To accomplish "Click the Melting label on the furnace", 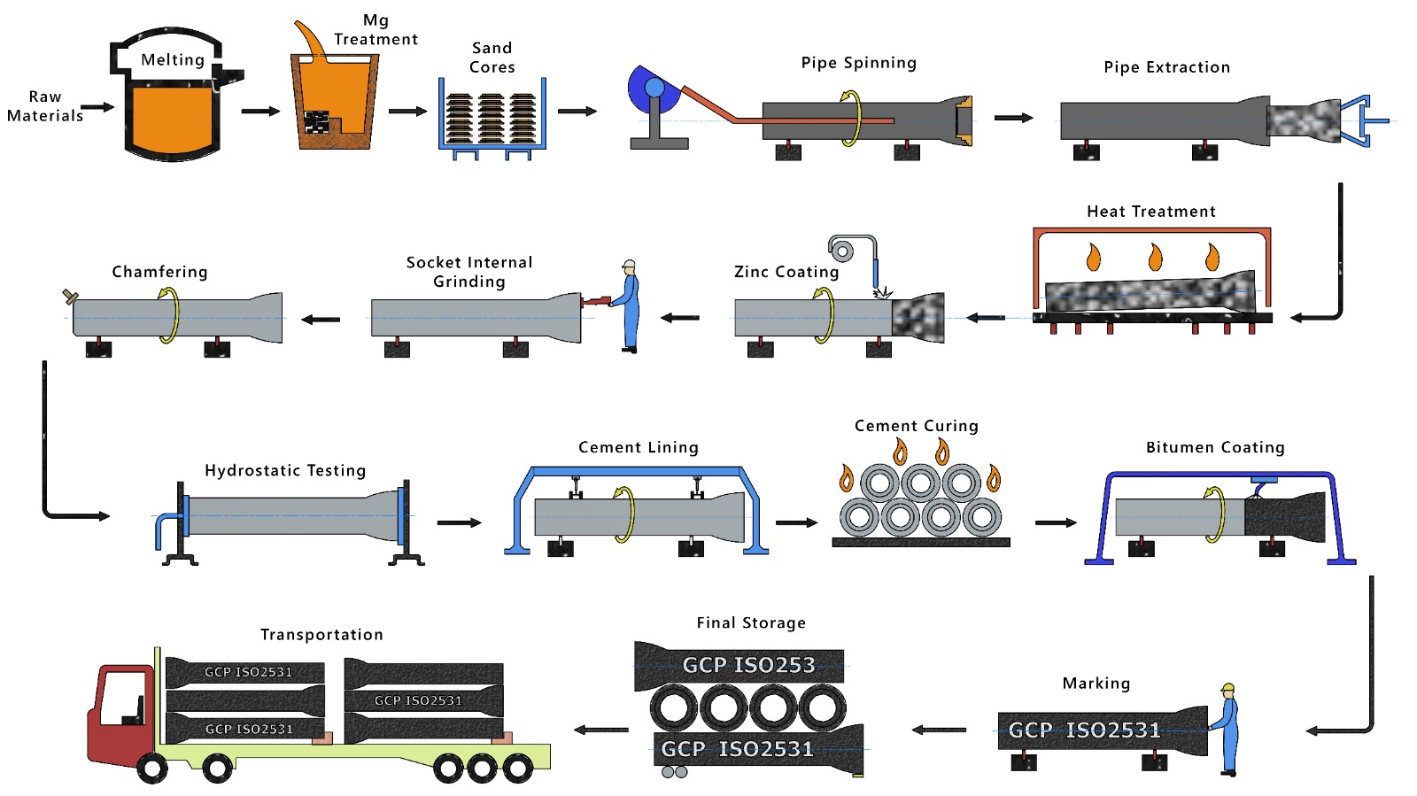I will tap(173, 60).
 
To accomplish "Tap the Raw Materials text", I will tap(45, 106).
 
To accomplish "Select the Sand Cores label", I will tap(492, 58).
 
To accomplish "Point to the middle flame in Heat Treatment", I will tap(1155, 257).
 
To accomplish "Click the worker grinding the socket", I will tap(630, 305).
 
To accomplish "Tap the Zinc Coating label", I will tap(786, 272).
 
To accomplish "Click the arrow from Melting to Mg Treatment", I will tap(260, 111).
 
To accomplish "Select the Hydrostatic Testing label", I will tap(285, 470).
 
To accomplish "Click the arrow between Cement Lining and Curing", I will tap(797, 522).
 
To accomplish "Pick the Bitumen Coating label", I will tap(1215, 447).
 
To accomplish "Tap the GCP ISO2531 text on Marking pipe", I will tap(1084, 730).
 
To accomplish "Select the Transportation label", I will tap(321, 634).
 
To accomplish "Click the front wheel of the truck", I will tap(152, 768).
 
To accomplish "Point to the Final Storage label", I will tap(751, 622).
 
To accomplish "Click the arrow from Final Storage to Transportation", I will tap(601, 730).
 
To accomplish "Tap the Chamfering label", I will tap(159, 272).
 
